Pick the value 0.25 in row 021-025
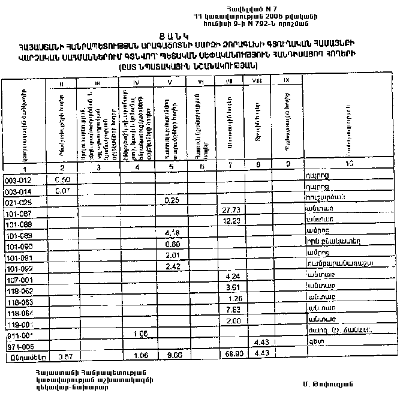tap(173, 199)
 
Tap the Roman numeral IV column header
tap(137, 82)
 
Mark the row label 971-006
tap(17, 346)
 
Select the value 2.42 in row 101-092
tap(173, 266)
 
